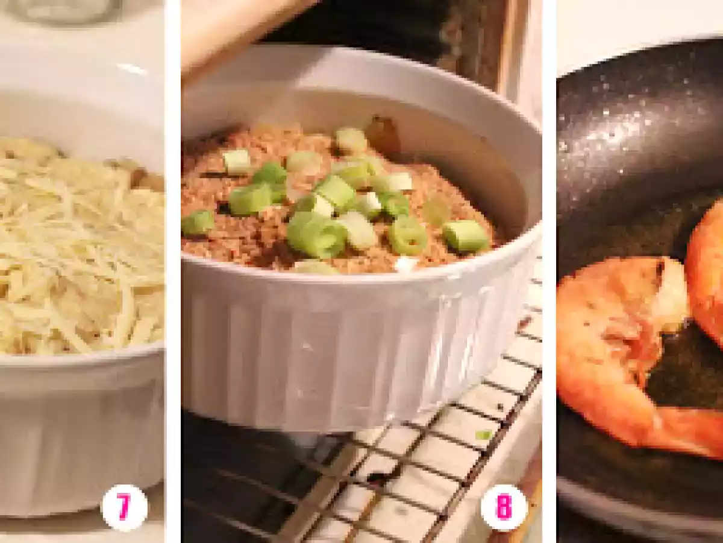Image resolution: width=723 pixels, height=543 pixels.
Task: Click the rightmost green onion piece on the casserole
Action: (465, 235)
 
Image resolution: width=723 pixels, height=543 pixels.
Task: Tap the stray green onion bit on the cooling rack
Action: (484, 435)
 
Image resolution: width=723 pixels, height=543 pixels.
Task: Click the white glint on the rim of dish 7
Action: (132, 69)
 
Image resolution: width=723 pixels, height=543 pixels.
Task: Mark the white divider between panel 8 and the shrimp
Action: (549, 271)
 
